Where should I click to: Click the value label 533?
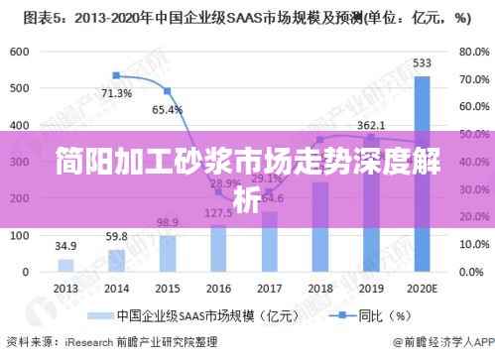point(422,63)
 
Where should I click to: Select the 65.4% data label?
point(167,109)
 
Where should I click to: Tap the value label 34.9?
point(65,245)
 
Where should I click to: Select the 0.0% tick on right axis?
point(465,271)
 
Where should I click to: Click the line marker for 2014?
point(116,75)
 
